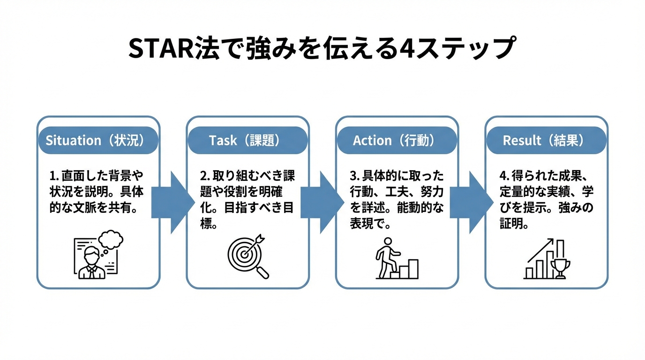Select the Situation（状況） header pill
[98, 140]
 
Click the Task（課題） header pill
[247, 140]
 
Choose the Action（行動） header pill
[397, 140]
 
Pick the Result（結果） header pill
[546, 140]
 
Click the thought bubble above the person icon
[111, 240]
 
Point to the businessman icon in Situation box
[91, 262]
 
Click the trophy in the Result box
[560, 268]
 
